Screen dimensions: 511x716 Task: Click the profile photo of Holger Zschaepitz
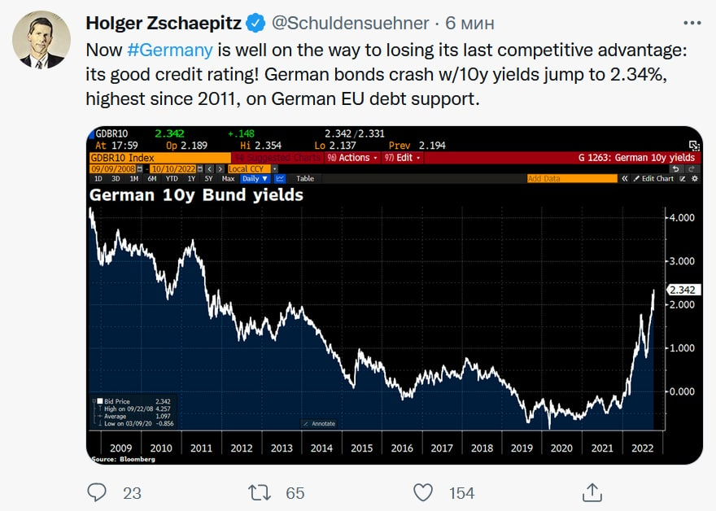42,39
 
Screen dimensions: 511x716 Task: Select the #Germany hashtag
170,50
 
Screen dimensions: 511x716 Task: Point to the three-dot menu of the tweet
691,23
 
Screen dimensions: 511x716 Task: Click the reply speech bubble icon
97,492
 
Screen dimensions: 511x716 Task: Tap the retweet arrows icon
259,492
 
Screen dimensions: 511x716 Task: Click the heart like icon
423,492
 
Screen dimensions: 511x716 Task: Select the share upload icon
592,491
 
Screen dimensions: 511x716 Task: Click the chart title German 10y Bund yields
196,195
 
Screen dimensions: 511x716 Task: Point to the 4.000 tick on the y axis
681,217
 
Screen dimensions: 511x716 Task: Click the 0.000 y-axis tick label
681,391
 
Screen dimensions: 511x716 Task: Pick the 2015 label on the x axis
362,448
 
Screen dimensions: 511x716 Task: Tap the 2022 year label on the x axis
643,448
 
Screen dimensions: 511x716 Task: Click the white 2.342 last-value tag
683,290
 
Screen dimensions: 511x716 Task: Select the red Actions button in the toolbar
350,158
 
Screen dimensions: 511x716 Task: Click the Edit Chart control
653,178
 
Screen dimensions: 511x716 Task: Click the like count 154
461,492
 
